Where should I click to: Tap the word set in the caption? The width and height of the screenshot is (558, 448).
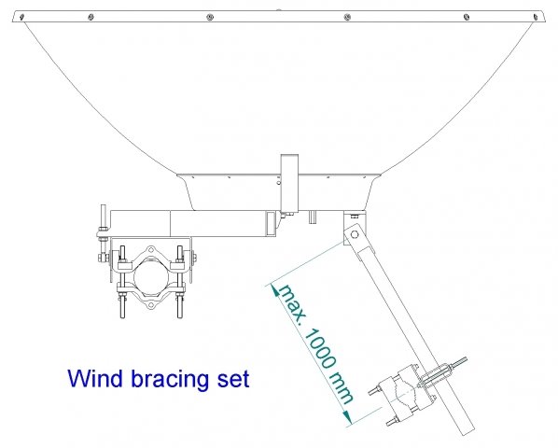[x=233, y=380]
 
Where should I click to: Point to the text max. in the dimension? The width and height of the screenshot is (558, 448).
[x=292, y=303]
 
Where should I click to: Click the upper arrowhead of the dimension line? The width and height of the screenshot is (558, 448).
[x=275, y=290]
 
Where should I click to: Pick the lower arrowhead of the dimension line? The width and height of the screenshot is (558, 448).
[x=347, y=416]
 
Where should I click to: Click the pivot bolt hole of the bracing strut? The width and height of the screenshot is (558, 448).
[x=354, y=234]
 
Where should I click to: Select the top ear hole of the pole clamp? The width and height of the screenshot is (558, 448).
[x=151, y=249]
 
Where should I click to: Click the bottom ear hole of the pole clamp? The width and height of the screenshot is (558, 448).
[x=151, y=305]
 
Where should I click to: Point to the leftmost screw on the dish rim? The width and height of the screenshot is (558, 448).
[x=21, y=17]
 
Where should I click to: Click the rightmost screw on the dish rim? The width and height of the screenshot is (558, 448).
[x=535, y=17]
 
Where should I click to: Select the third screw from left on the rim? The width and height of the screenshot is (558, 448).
[x=210, y=17]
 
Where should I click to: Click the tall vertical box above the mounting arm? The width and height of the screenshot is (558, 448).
[x=289, y=183]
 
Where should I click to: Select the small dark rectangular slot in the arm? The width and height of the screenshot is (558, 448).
[x=271, y=224]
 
